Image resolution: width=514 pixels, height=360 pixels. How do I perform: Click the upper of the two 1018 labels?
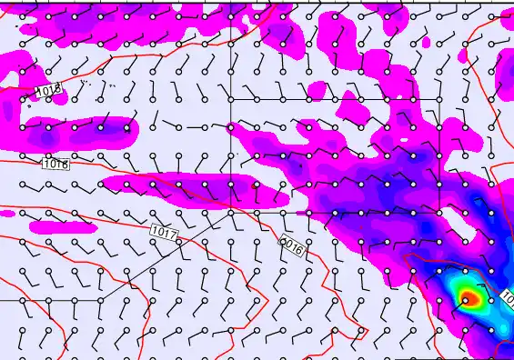pyautogui.click(x=49, y=91)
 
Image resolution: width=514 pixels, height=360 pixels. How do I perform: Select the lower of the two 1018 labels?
pyautogui.click(x=55, y=165)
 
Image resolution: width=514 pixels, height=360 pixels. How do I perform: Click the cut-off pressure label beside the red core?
pyautogui.click(x=507, y=297)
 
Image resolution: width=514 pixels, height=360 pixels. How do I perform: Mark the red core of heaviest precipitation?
pyautogui.click(x=469, y=296)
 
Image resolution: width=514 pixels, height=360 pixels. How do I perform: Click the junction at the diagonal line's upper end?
pyautogui.click(x=231, y=212)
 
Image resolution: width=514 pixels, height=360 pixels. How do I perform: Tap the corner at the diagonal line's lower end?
pyautogui.click(x=100, y=298)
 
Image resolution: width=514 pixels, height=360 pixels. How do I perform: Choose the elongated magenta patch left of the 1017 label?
pyautogui.click(x=64, y=226)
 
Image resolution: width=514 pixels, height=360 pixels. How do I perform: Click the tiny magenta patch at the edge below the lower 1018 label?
pyautogui.click(x=6, y=214)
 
